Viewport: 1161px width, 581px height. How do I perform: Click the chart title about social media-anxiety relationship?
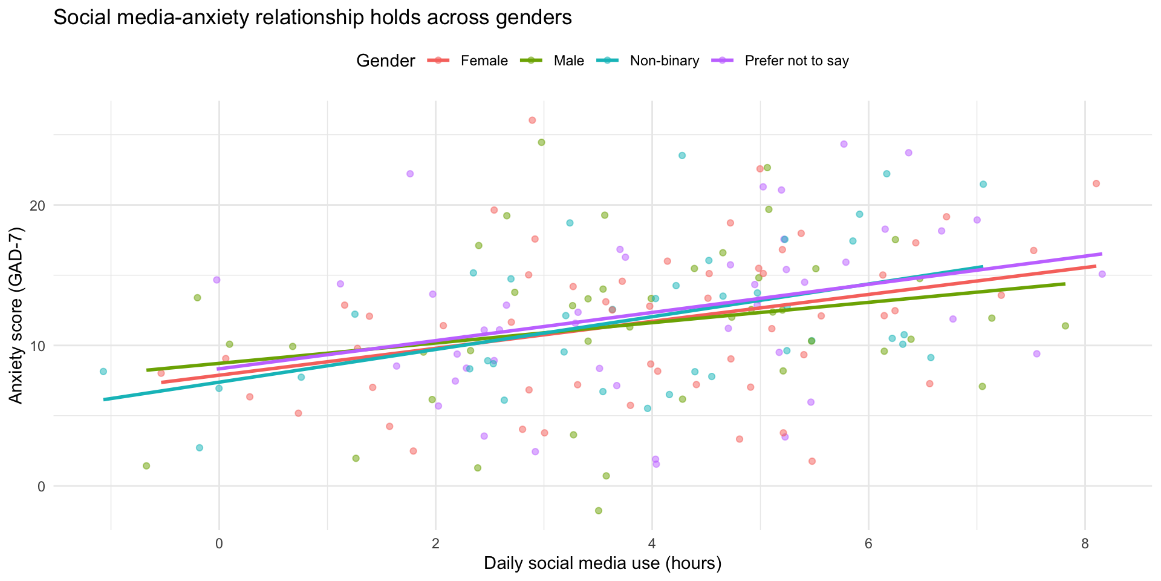(x=312, y=18)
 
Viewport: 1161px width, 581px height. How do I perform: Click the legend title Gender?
(x=386, y=61)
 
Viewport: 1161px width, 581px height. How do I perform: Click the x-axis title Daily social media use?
(x=602, y=564)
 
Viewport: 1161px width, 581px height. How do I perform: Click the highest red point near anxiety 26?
(x=532, y=120)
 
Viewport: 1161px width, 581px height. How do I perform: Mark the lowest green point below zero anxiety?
(x=599, y=511)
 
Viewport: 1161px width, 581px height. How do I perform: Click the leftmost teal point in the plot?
(x=103, y=372)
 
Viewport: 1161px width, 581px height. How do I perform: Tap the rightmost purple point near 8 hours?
(x=1102, y=274)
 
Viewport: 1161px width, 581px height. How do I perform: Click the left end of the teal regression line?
(x=105, y=399)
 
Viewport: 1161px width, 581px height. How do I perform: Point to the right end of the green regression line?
(x=1064, y=284)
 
